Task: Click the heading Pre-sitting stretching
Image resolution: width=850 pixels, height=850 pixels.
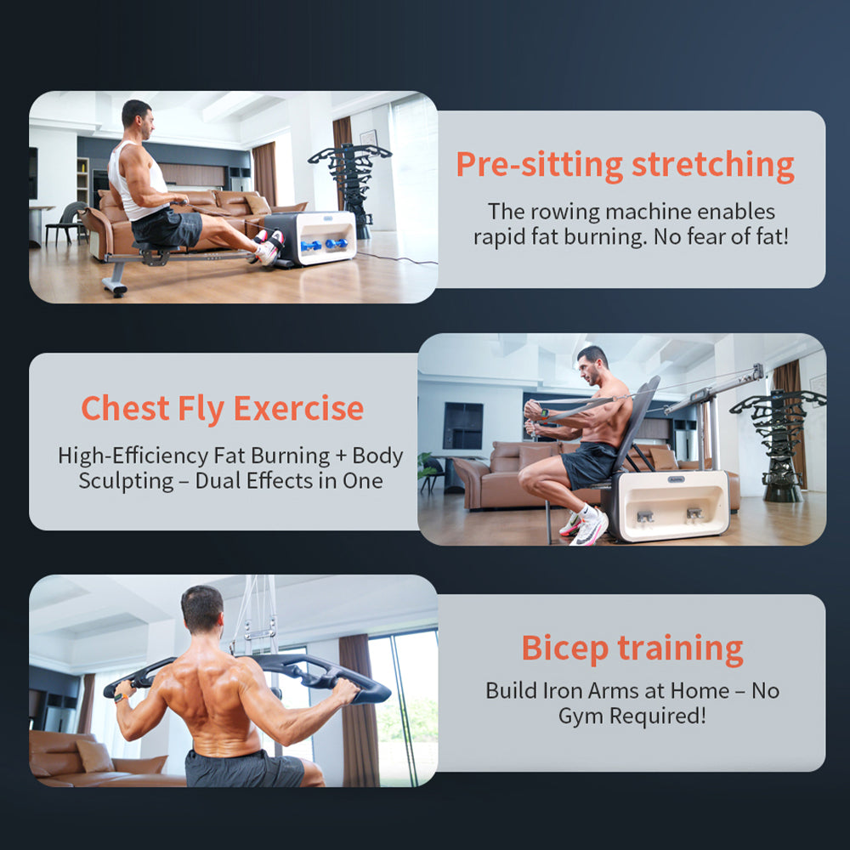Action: [x=625, y=164]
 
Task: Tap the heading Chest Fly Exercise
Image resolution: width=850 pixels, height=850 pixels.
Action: [x=222, y=409]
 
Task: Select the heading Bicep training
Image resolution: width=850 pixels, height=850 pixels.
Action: [x=632, y=648]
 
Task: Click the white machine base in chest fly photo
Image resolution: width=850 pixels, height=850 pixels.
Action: [x=671, y=506]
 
